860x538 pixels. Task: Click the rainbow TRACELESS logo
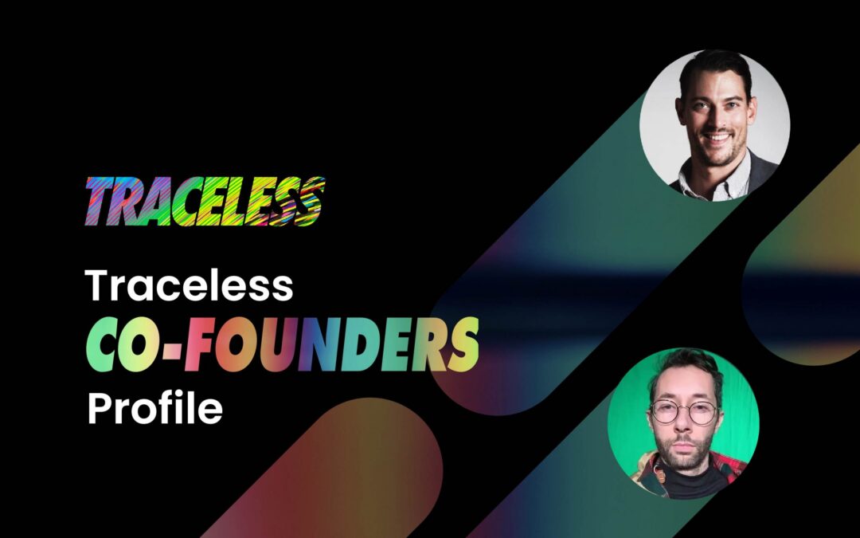point(204,201)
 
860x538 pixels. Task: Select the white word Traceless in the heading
point(190,285)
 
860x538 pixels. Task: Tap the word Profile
point(154,408)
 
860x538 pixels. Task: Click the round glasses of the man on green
point(682,413)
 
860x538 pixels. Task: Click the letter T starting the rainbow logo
point(100,201)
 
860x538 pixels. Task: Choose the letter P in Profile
point(98,408)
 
